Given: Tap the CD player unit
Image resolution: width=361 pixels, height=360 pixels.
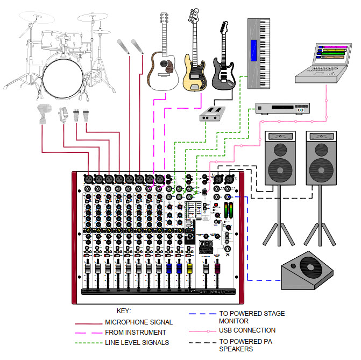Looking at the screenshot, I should coord(279,109).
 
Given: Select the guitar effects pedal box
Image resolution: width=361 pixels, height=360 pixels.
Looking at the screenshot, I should coord(213,115).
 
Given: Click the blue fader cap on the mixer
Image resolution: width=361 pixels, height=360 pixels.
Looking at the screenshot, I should coord(169,267).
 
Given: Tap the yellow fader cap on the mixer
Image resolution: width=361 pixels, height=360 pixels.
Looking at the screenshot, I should coord(189,267).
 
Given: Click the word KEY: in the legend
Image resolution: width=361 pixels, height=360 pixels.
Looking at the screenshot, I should coord(124,311).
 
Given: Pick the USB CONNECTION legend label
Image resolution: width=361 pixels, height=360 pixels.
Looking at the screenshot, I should coord(247,330).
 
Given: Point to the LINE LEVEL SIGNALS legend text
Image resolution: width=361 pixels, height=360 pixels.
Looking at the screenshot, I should coord(137,342).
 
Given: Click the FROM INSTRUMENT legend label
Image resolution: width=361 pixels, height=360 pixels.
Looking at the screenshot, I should coord(136,333).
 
